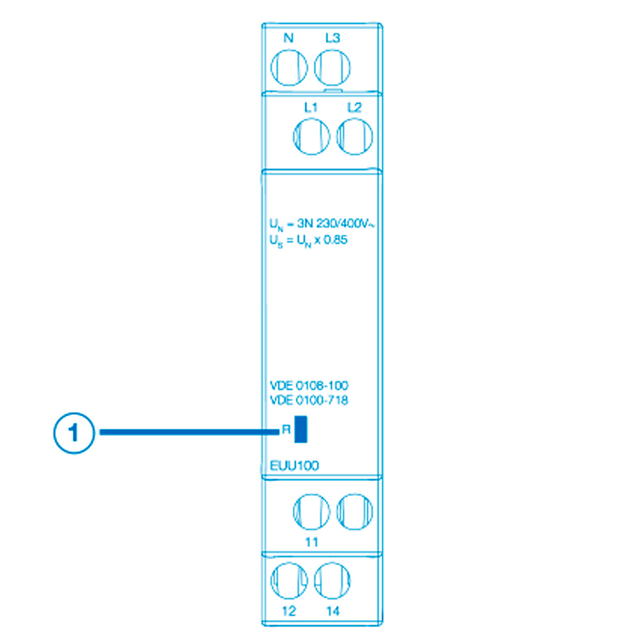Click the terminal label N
pos(289,38)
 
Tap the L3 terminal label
pos(332,38)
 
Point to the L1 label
pos(311,107)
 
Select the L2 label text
pos(354,107)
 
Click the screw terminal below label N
pos(289,68)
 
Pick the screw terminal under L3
pos(332,68)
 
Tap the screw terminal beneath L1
pos(311,136)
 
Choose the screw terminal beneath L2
pos(355,136)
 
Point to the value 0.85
pos(335,240)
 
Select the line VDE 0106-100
pos(309,386)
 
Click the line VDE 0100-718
pos(309,400)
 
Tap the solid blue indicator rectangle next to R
pos(301,429)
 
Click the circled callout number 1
pos(74,433)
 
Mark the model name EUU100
pos(294,466)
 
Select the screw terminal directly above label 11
pos(311,511)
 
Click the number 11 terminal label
pos(311,542)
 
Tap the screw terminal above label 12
pos(289,581)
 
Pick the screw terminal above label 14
pos(332,581)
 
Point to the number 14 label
pos(332,611)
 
